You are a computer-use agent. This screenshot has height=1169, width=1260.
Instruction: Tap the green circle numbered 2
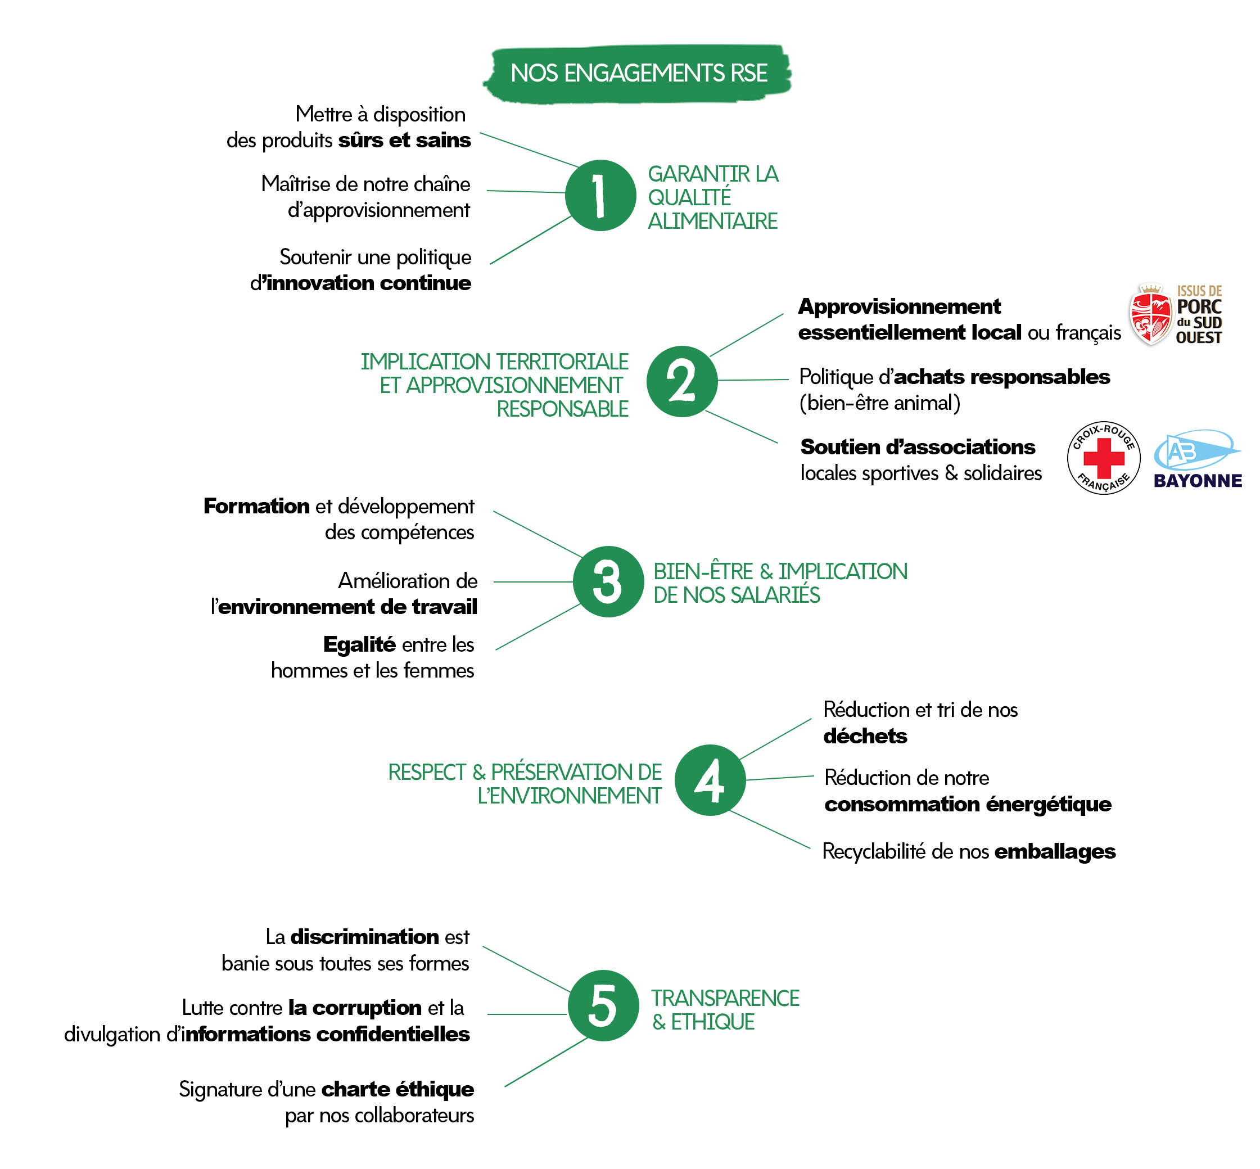681,381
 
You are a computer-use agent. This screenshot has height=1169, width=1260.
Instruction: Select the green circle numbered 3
608,581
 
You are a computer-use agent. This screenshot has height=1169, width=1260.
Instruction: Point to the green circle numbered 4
710,779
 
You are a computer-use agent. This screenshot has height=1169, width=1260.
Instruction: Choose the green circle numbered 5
603,1005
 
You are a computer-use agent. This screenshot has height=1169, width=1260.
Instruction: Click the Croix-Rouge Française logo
1103,457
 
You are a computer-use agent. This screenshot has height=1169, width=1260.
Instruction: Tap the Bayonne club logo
1196,459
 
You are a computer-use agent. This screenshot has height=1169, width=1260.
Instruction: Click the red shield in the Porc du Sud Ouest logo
1150,314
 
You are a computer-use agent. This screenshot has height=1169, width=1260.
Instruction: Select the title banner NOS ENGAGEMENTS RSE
638,73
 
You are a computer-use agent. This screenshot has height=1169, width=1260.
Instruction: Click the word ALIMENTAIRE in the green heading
712,222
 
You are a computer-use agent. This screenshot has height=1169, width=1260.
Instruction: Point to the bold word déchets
865,735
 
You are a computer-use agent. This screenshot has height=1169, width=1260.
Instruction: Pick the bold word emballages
1054,851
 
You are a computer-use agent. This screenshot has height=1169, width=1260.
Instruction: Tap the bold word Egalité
359,644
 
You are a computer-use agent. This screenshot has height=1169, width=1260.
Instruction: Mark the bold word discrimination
364,936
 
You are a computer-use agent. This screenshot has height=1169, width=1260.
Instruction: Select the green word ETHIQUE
712,1022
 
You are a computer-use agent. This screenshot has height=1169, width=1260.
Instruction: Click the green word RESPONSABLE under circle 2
562,409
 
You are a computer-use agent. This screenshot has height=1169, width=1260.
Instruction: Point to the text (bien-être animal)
879,403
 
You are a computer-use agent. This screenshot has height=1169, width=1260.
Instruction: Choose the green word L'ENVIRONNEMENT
569,796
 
